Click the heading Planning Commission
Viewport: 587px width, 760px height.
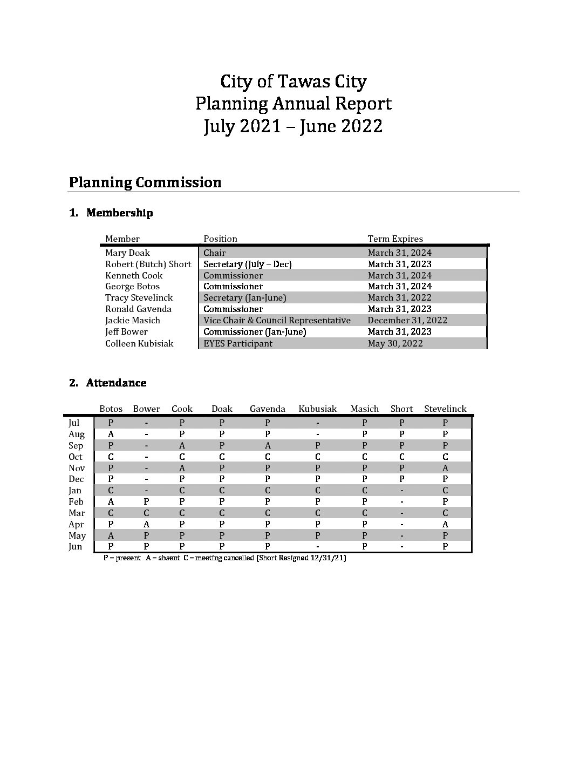point(145,182)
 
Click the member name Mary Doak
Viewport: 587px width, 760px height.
point(127,253)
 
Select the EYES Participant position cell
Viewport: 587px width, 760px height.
point(238,343)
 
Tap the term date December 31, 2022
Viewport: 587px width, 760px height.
point(407,320)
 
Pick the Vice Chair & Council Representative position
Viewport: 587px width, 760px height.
point(277,320)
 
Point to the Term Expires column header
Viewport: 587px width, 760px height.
point(395,239)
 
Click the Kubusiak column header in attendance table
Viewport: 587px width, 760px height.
point(317,409)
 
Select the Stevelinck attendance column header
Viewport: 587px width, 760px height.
point(445,409)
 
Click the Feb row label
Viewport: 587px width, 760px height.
point(76,501)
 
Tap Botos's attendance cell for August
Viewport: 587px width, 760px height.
point(111,434)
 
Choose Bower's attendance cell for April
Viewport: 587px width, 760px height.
point(146,524)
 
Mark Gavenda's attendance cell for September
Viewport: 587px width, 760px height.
point(267,445)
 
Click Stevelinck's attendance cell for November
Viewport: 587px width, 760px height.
point(445,468)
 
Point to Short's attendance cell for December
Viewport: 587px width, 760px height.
point(401,479)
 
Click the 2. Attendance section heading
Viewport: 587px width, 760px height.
point(108,383)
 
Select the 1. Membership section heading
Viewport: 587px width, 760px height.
point(111,213)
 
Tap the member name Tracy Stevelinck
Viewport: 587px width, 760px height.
point(139,297)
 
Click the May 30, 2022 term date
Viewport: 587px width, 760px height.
point(395,343)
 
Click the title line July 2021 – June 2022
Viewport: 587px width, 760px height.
point(293,126)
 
